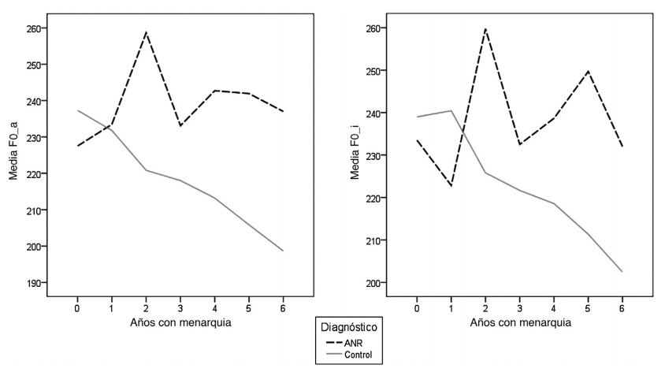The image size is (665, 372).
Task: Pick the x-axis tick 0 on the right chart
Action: [x=417, y=307]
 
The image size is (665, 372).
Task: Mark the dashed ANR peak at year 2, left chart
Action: [x=147, y=32]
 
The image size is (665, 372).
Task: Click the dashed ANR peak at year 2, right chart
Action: [x=485, y=28]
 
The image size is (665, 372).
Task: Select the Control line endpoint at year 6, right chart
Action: [x=622, y=272]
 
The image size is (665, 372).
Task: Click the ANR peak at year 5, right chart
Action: [x=588, y=71]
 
